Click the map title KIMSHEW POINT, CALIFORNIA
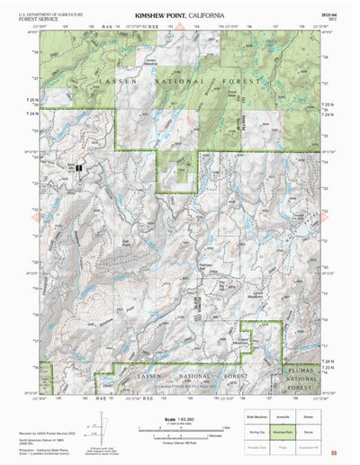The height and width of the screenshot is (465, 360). pyautogui.click(x=179, y=15)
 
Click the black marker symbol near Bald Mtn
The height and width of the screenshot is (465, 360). pyautogui.click(x=79, y=168)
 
